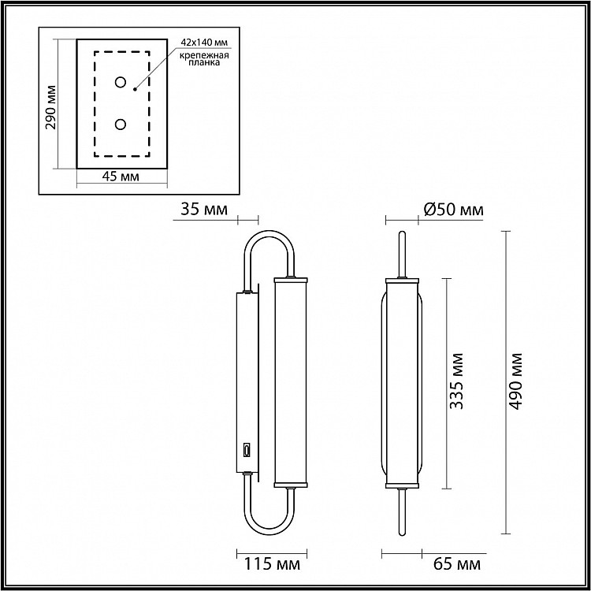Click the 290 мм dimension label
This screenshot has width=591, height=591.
pos(50,107)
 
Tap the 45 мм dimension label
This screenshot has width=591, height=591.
pos(121,176)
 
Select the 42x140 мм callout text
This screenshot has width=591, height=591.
pos(205,43)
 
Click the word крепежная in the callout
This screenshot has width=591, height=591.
pos(204,55)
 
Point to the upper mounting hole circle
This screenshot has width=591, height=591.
pos(121,82)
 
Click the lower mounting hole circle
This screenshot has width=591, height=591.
pos(121,125)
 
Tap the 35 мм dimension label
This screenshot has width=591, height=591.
pos(204,209)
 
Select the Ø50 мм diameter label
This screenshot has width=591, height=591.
pos(453,209)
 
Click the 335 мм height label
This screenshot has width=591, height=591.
pos(456,381)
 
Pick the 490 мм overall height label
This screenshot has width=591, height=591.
pos(515,381)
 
